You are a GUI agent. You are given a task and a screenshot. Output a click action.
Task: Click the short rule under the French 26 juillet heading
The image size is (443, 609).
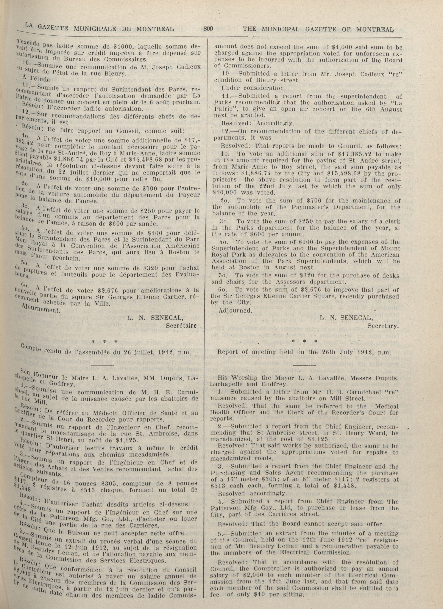tap(104, 365)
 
